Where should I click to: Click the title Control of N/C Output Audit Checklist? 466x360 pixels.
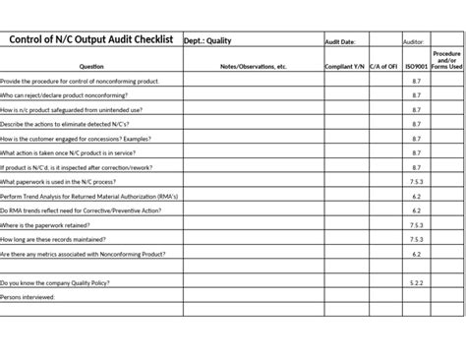coord(90,40)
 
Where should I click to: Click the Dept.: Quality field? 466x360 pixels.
coord(205,41)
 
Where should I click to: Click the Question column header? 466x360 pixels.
coord(90,66)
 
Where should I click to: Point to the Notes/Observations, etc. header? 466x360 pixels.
coord(252,66)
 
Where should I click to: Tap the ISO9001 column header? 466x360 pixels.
coord(416,66)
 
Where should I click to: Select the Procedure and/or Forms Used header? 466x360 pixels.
coord(447,60)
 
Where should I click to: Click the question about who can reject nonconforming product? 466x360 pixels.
coord(73,95)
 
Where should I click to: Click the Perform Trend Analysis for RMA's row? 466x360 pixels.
coord(89,196)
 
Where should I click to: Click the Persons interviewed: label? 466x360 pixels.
coord(29,296)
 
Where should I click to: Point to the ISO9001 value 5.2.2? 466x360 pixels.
coord(416,282)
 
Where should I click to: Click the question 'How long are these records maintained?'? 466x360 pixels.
coord(58,239)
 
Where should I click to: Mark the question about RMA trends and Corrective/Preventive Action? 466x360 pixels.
coord(81,210)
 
